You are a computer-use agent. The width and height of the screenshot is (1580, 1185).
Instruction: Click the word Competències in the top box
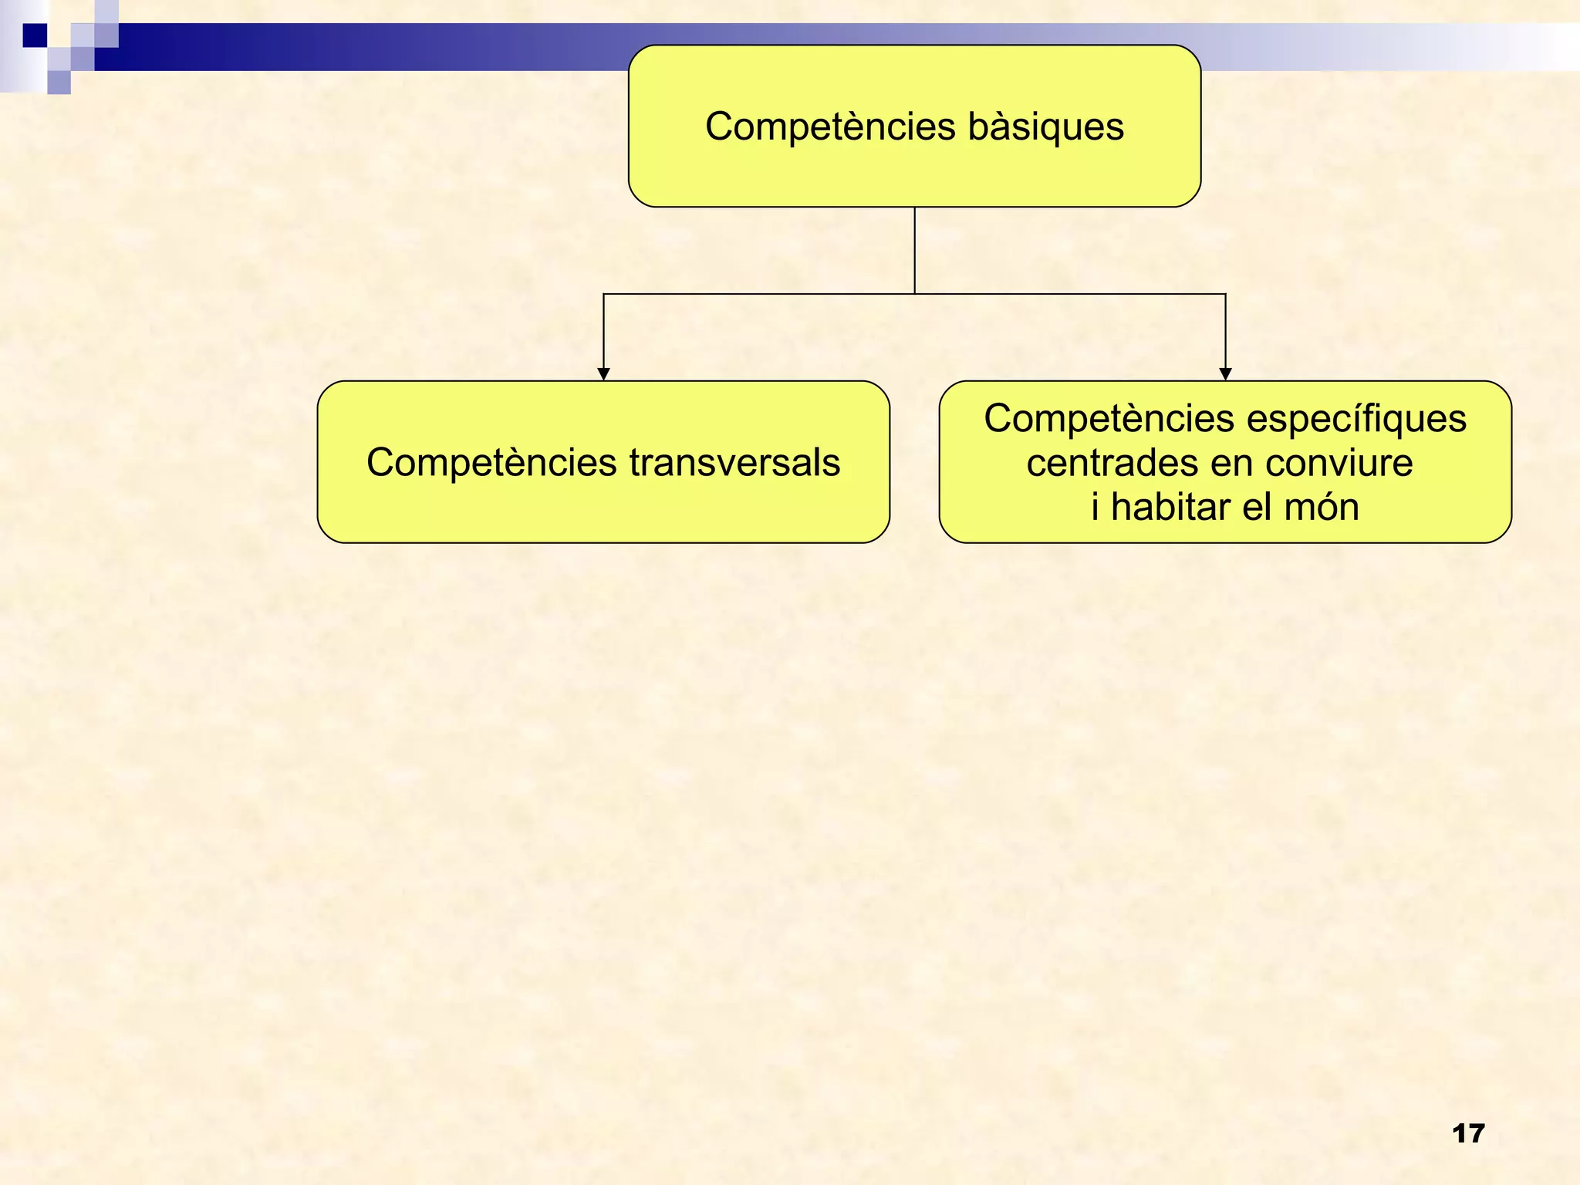pos(830,127)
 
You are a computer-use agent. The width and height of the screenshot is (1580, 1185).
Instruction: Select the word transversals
pos(734,463)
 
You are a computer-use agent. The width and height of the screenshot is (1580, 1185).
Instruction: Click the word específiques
pos(1356,420)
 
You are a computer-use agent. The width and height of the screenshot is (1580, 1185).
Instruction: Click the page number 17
pos(1467,1133)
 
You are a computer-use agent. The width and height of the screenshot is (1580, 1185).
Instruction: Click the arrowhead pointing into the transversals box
pos(604,374)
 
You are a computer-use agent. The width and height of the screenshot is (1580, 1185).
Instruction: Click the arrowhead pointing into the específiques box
pos(1225,374)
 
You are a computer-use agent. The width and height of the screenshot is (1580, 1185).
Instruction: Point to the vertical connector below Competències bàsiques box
pos(915,251)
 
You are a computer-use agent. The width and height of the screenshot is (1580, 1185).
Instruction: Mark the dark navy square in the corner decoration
pos(35,35)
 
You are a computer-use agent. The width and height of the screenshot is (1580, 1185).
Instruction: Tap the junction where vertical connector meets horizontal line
pos(915,294)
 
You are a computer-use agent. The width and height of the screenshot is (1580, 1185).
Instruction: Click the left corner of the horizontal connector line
pos(604,294)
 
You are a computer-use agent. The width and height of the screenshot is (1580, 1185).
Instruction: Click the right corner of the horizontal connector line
pos(1225,294)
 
